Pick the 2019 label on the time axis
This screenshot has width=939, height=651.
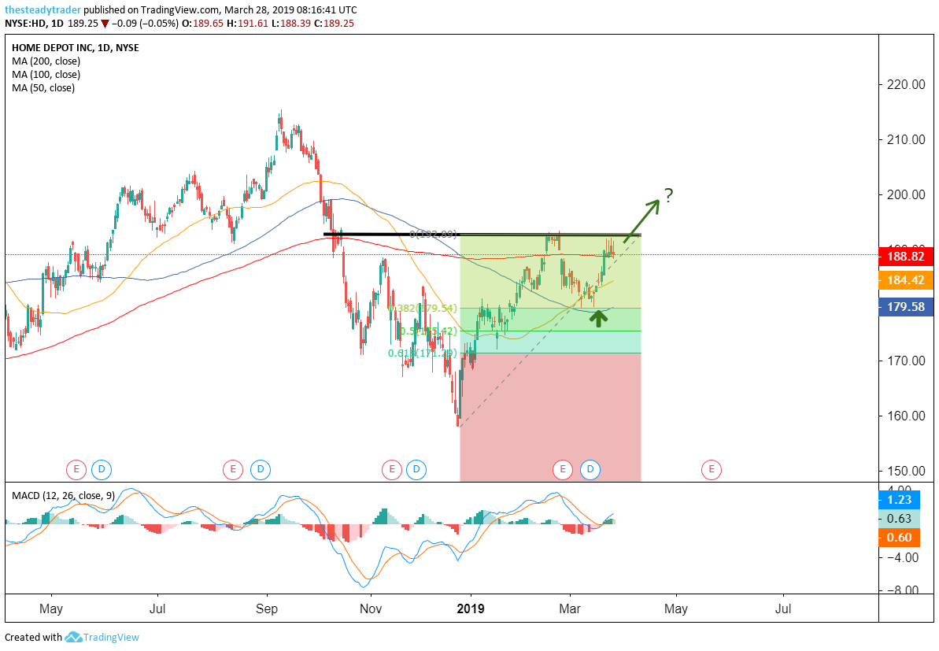[471, 608]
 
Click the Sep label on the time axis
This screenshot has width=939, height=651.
[268, 608]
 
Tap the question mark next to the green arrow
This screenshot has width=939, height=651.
[668, 195]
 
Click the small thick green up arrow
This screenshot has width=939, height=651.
[598, 318]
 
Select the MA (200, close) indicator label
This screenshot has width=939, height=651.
[46, 61]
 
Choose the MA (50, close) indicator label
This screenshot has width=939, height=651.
[43, 88]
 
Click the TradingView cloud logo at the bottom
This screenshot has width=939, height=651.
[74, 637]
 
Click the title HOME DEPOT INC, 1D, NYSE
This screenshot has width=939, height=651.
[76, 48]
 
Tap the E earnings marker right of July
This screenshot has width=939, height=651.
[233, 470]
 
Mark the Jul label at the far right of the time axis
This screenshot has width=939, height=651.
[783, 608]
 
